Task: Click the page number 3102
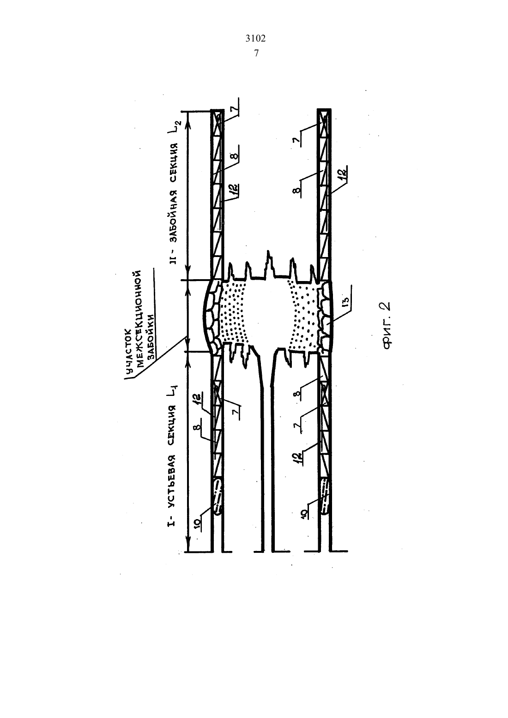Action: click(x=255, y=38)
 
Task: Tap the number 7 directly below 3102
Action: click(x=256, y=53)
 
